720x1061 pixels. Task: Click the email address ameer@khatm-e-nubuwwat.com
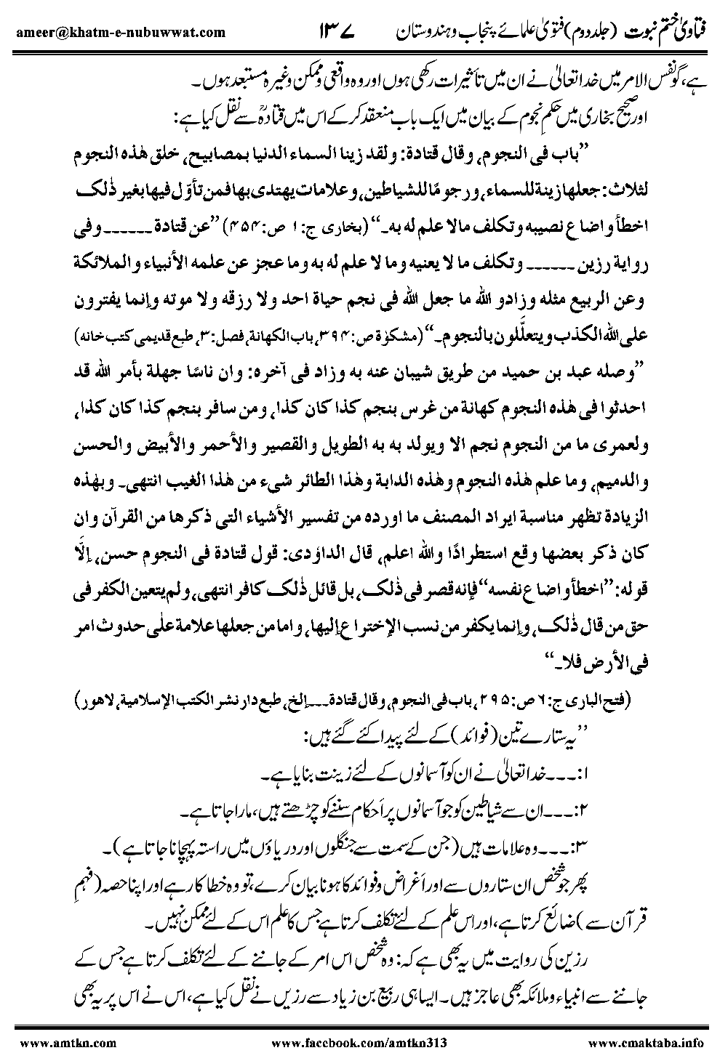(117, 32)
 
